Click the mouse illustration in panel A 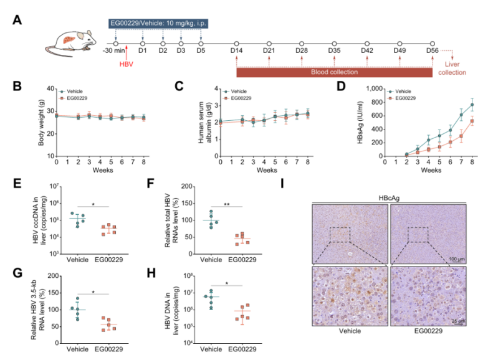(70, 42)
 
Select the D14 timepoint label (237, 49)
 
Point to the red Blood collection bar (334, 73)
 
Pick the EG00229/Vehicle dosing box (157, 24)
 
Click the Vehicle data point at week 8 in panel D (472, 104)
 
